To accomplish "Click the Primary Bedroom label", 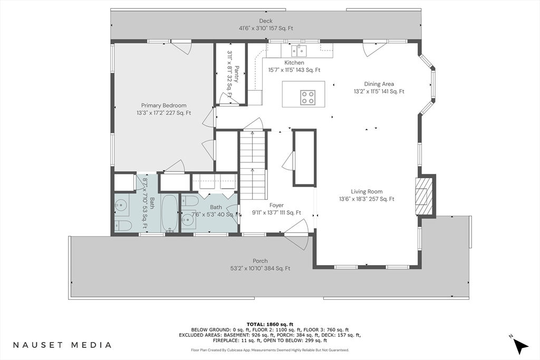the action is click(x=163, y=105).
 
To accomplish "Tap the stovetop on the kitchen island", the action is click(x=307, y=97).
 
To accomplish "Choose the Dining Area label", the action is click(x=379, y=84).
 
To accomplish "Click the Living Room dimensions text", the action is click(x=367, y=199).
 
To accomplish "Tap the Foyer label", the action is click(x=276, y=205).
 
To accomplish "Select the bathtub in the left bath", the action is click(x=169, y=213).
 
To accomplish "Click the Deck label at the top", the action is click(x=266, y=21).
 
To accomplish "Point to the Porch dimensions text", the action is click(x=260, y=268).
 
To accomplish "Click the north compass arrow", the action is click(x=520, y=345).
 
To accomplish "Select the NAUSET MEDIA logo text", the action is click(x=62, y=345).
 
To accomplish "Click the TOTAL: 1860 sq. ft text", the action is click(x=269, y=324).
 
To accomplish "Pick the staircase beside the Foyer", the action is click(x=254, y=165).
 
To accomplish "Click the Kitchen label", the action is click(x=294, y=63).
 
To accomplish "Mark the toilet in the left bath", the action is click(x=123, y=226).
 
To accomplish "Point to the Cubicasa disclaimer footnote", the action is click(x=270, y=350).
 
